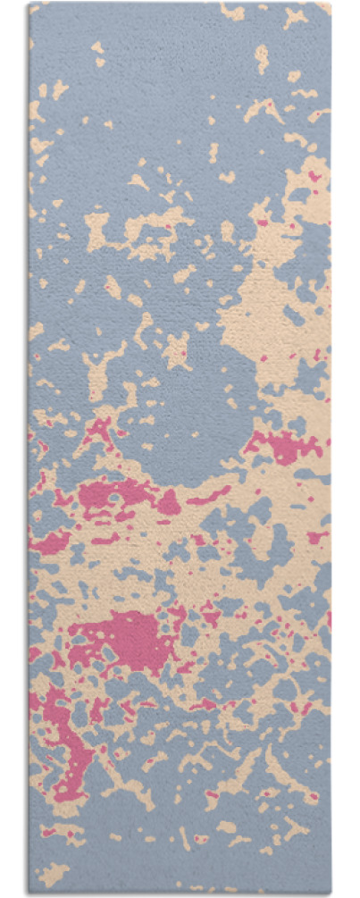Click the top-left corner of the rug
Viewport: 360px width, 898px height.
pos(29,4)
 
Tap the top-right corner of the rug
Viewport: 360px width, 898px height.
pos(330,4)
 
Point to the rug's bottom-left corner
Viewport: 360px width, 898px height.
pos(29,893)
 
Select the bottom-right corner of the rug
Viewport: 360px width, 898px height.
pos(331,893)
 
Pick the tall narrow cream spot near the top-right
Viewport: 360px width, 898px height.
pos(261,58)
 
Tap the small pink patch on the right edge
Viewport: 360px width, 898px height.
pos(318,537)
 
